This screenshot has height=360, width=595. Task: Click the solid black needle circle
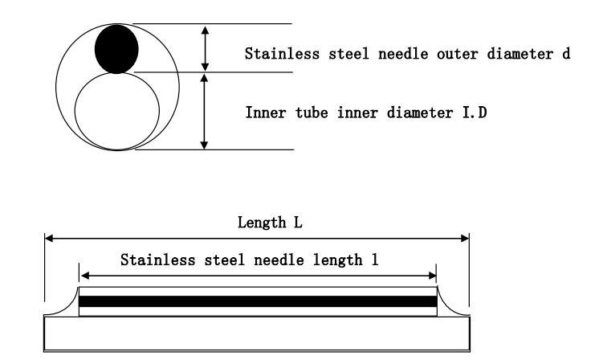(x=116, y=49)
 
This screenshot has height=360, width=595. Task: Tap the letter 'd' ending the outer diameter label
(x=566, y=54)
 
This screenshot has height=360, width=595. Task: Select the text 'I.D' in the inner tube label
(x=475, y=112)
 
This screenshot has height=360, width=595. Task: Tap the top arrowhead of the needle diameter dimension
(x=205, y=31)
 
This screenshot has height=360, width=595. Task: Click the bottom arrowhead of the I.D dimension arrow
(x=204, y=145)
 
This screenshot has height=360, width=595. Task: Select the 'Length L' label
(x=270, y=222)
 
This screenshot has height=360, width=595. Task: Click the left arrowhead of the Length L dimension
(x=49, y=238)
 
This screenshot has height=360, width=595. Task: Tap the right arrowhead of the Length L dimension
(x=464, y=238)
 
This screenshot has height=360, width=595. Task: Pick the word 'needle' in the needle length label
(x=279, y=260)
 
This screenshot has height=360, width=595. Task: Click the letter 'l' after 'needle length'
(x=374, y=260)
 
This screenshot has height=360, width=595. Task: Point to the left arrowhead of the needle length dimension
(x=85, y=276)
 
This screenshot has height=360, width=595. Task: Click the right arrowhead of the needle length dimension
(x=432, y=276)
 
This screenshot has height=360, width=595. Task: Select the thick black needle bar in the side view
(x=258, y=301)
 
